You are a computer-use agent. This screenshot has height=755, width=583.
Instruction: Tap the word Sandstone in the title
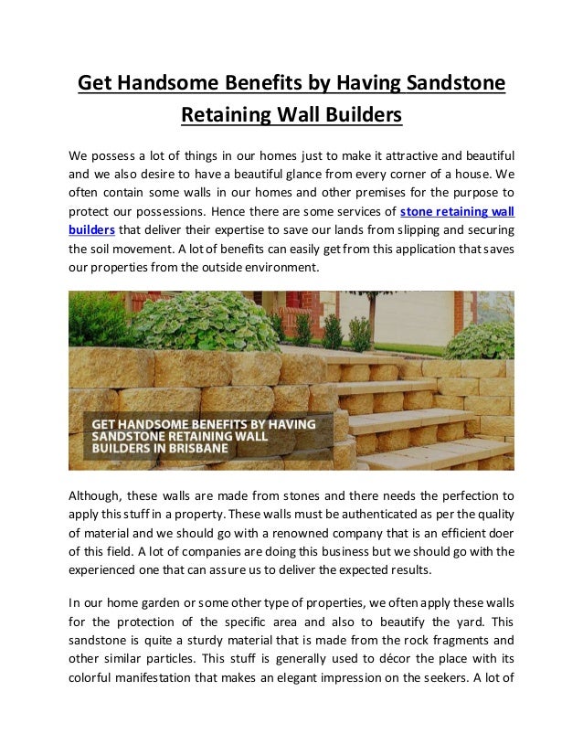tap(454, 84)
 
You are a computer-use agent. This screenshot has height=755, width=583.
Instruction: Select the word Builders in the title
tap(355, 116)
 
